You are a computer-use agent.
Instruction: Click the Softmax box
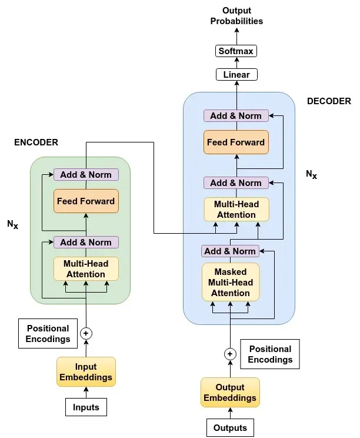(x=236, y=51)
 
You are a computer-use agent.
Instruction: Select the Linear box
(x=236, y=75)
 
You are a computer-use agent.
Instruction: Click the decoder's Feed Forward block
(x=236, y=142)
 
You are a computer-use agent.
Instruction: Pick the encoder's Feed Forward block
(x=86, y=201)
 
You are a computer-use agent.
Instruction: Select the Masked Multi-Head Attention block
(x=231, y=283)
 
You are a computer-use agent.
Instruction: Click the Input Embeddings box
(x=86, y=372)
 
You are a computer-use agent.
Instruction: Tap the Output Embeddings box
(x=230, y=393)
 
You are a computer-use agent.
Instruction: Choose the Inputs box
(x=86, y=407)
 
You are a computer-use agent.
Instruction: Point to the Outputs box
(x=230, y=427)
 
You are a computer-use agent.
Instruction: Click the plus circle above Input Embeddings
(x=86, y=333)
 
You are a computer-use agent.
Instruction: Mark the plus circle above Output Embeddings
(x=230, y=354)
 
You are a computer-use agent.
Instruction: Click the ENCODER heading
(x=36, y=142)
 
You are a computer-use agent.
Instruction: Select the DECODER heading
(x=329, y=101)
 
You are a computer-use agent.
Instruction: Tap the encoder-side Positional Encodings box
(x=48, y=333)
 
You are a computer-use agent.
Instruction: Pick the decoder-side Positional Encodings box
(x=270, y=354)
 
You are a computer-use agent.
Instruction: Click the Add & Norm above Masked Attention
(x=230, y=251)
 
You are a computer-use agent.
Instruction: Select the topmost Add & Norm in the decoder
(x=236, y=116)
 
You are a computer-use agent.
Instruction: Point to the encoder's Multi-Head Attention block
(x=86, y=269)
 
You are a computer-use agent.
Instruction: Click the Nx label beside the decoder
(x=311, y=174)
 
